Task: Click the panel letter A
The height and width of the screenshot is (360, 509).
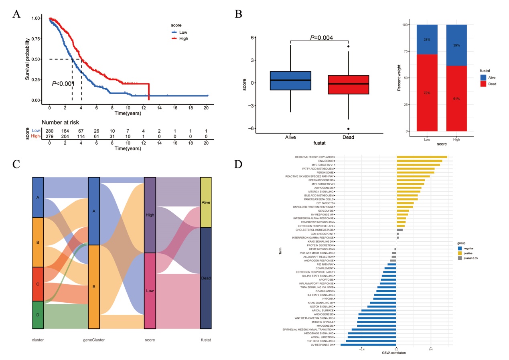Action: point(16,14)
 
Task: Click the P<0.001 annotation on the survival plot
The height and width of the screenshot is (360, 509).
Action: point(63,84)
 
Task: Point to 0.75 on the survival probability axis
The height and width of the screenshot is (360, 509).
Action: point(35,38)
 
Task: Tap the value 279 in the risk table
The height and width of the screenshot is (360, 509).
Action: point(49,137)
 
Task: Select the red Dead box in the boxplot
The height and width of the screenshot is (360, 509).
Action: point(349,85)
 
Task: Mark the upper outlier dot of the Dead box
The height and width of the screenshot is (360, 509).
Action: point(349,47)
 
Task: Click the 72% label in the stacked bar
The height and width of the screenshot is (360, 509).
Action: point(427,93)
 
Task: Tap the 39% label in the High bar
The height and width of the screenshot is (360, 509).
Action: point(456,45)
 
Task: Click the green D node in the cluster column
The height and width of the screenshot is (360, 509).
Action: point(38,315)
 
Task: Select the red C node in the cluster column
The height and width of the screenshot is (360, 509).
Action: point(38,284)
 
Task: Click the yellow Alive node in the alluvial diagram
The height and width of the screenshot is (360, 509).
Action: point(206,202)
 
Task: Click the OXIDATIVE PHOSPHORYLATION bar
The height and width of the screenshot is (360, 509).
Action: point(421,157)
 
